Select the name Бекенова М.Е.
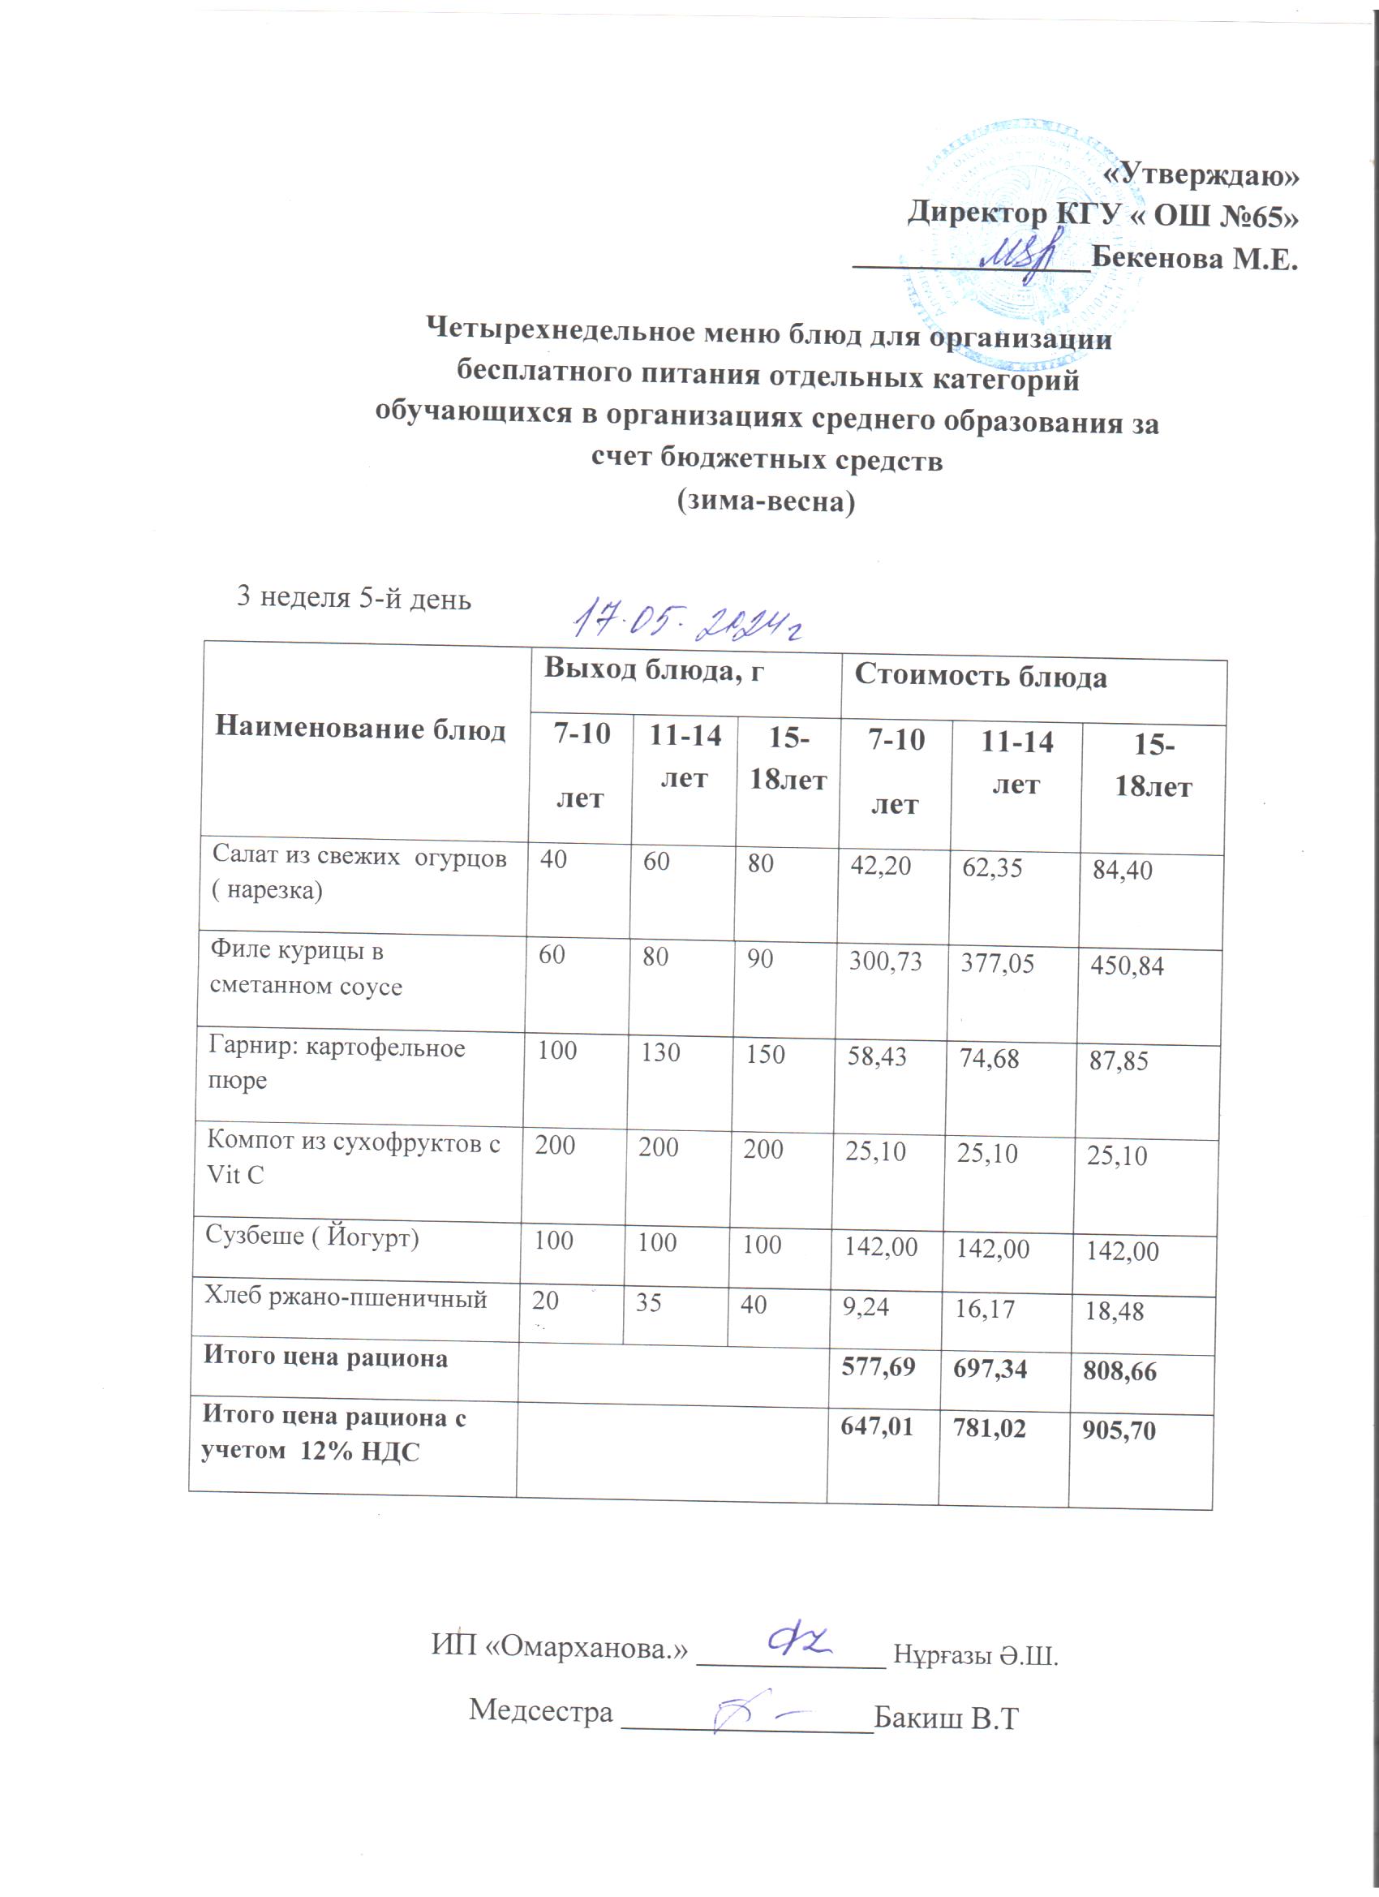[x=1195, y=259]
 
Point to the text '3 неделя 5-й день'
[x=354, y=598]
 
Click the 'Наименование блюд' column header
[x=360, y=729]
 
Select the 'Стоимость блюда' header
[x=980, y=677]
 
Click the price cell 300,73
[x=885, y=961]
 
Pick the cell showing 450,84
[x=1127, y=967]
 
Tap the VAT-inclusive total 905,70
[x=1119, y=1430]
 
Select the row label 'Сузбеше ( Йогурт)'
[x=312, y=1237]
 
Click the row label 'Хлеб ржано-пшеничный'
[x=346, y=1298]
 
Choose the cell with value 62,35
[x=992, y=867]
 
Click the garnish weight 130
[x=659, y=1052]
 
